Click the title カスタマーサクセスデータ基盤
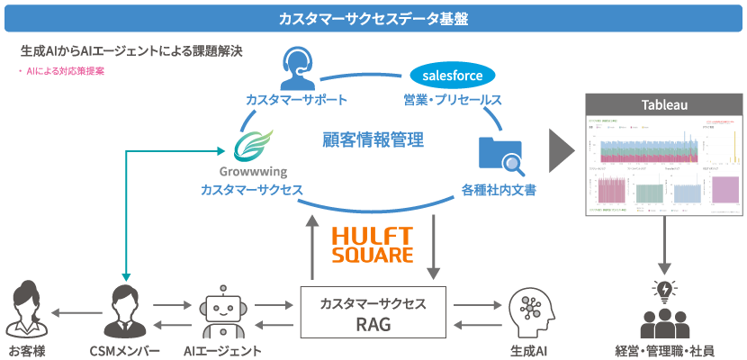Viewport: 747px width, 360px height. click(373, 18)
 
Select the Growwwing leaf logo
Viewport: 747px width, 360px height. click(250, 143)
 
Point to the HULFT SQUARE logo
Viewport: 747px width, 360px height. click(373, 244)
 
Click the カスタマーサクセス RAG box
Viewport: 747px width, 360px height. click(373, 314)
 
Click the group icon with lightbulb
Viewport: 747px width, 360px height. click(664, 310)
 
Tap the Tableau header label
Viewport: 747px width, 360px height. click(665, 105)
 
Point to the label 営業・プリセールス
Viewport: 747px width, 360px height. click(452, 99)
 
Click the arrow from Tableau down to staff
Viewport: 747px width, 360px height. click(664, 246)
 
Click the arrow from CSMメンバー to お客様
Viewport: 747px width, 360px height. click(76, 313)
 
